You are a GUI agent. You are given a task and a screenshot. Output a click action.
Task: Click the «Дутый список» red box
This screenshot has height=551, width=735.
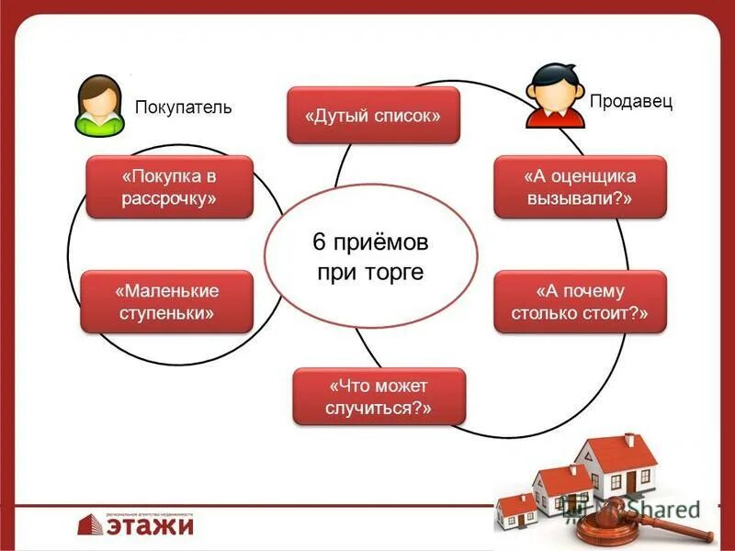(x=373, y=116)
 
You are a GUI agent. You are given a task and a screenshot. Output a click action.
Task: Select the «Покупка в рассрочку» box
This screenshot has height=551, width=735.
(x=169, y=186)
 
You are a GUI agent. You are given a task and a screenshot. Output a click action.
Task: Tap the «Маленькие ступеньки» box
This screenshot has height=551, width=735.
(x=166, y=301)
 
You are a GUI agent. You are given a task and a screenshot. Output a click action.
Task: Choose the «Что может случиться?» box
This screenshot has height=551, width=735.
(x=379, y=396)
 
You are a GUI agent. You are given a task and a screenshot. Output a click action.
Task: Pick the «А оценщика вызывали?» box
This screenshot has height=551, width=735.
(x=580, y=186)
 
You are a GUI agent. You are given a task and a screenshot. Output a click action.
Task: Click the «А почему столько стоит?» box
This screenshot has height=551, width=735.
(x=580, y=301)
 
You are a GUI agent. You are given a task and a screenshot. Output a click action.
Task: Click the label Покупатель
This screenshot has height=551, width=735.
(x=184, y=107)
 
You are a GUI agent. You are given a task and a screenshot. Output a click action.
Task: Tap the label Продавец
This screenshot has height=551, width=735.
(x=631, y=101)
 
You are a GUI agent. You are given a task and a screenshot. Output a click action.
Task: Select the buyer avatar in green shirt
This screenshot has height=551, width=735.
(x=99, y=103)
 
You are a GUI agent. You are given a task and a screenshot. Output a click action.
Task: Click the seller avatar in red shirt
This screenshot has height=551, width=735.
(x=555, y=95)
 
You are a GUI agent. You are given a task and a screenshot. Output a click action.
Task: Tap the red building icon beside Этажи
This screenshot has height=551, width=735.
(x=89, y=523)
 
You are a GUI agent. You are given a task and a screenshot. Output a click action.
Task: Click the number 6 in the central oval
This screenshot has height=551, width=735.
(x=320, y=243)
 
